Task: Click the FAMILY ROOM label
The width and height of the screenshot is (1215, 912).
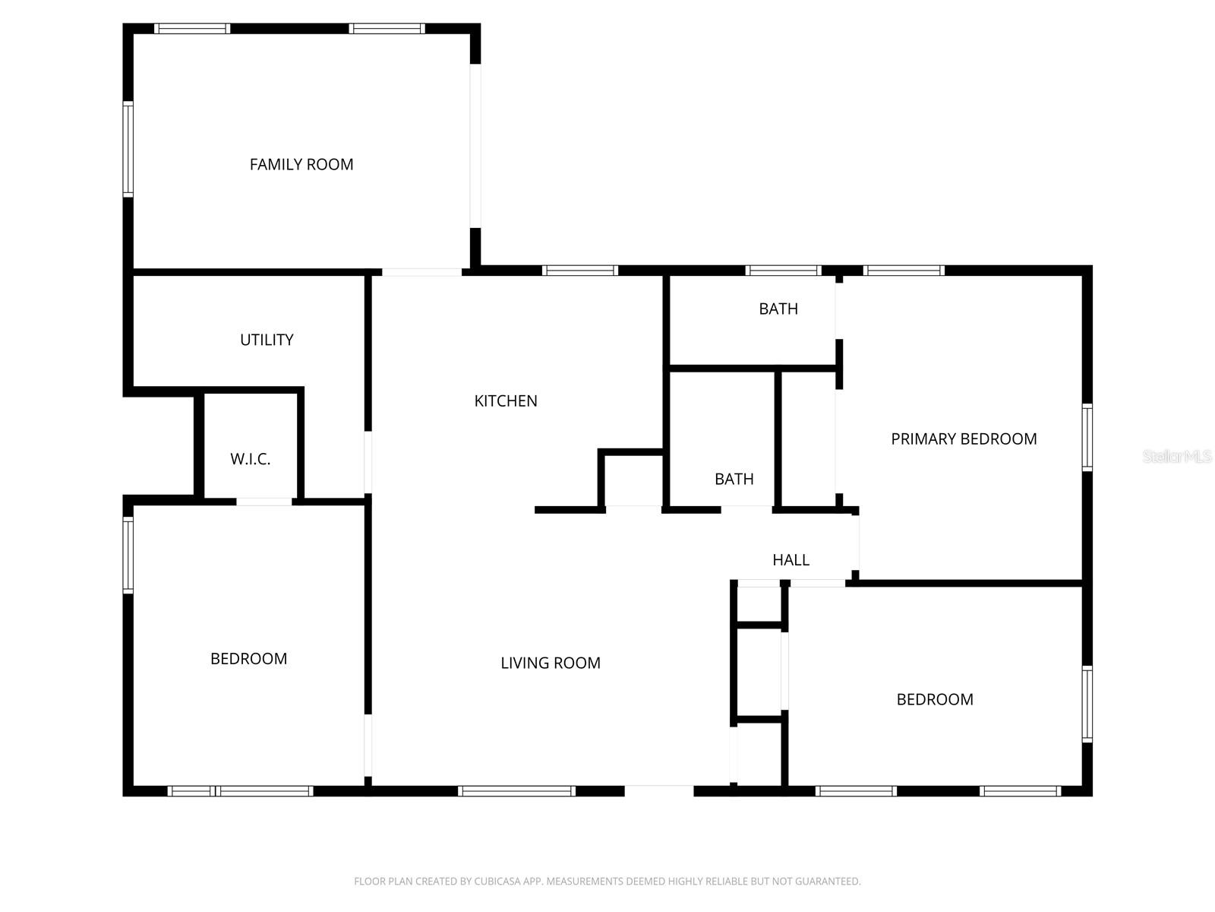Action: [x=301, y=164]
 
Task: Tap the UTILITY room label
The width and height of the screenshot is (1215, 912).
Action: [x=267, y=340]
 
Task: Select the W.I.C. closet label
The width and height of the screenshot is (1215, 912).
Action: [x=250, y=459]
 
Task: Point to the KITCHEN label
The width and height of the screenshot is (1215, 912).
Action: [x=506, y=401]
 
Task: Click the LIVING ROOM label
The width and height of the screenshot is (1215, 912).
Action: [x=551, y=663]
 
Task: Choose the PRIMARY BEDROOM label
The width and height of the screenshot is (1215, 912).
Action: [x=964, y=439]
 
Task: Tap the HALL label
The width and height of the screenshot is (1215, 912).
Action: [x=791, y=560]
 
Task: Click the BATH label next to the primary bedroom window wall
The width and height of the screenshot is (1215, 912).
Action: [x=778, y=309]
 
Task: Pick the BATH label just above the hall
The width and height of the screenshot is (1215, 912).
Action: [x=734, y=479]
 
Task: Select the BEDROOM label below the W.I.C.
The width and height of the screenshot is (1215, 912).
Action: [x=248, y=659]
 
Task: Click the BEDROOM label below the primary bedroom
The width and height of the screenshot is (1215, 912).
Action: [x=935, y=699]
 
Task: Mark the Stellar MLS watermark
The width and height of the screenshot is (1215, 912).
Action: [x=1177, y=457]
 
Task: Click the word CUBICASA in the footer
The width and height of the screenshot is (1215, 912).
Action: [x=501, y=882]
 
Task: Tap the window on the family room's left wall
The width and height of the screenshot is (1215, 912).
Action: [x=128, y=149]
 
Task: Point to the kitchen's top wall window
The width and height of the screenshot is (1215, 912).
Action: [x=580, y=271]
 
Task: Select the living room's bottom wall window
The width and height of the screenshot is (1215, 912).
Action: [x=516, y=791]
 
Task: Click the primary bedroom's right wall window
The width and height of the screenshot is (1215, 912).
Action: [x=1087, y=438]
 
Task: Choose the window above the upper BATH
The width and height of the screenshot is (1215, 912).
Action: [x=783, y=271]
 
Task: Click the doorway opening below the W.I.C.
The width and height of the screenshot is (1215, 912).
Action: [x=264, y=502]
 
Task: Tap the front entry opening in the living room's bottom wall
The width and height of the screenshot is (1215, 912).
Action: [x=659, y=790]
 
